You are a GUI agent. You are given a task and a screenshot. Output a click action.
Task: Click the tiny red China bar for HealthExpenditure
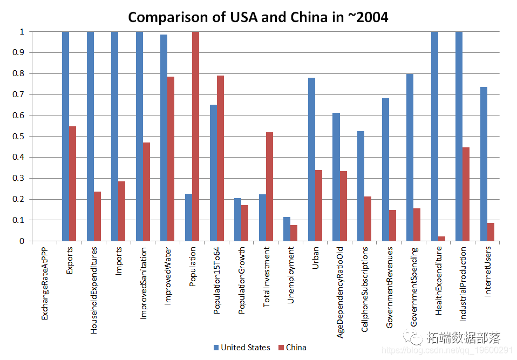[x=441, y=239]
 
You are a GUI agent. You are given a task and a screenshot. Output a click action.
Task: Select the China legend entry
[x=292, y=348]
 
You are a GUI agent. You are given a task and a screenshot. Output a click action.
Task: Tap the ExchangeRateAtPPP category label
[x=45, y=283]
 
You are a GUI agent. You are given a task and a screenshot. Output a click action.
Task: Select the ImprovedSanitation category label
[x=143, y=283]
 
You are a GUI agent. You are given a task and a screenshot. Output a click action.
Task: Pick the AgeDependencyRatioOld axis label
[x=340, y=292]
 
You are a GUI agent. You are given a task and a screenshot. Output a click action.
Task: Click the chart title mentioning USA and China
[x=258, y=17]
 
